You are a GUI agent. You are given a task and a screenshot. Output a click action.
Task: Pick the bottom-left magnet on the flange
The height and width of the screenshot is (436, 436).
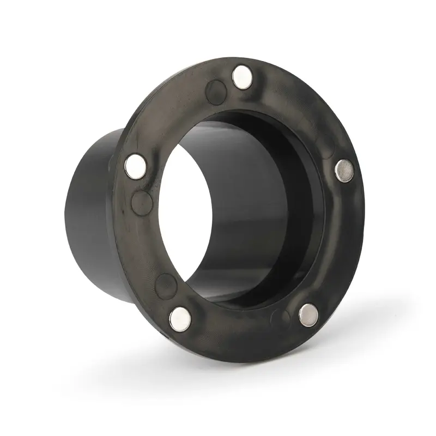pyautogui.click(x=179, y=318)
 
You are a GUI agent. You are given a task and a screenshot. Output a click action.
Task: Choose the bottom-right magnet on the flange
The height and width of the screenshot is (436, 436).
pyautogui.click(x=308, y=314)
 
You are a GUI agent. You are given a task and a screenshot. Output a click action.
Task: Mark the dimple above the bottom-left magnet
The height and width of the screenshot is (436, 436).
pyautogui.click(x=166, y=283)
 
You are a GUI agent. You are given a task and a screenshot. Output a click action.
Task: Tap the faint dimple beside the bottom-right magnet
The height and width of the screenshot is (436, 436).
pyautogui.click(x=281, y=318)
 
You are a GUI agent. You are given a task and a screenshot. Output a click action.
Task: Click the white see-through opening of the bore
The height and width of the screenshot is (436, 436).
pyautogui.click(x=185, y=213)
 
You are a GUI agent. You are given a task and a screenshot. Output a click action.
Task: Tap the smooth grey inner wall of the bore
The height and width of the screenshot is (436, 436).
pyautogui.click(x=245, y=191)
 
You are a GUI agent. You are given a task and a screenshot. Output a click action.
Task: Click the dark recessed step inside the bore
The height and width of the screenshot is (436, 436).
pyautogui.click(x=305, y=163)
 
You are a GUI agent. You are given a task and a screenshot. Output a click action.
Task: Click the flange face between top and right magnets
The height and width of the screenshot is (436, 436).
pyautogui.click(x=305, y=109)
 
